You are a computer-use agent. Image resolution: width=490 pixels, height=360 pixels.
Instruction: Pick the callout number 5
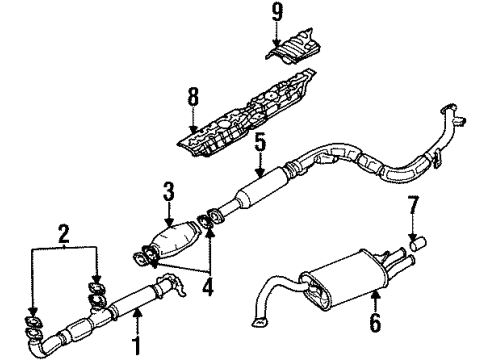258,142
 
